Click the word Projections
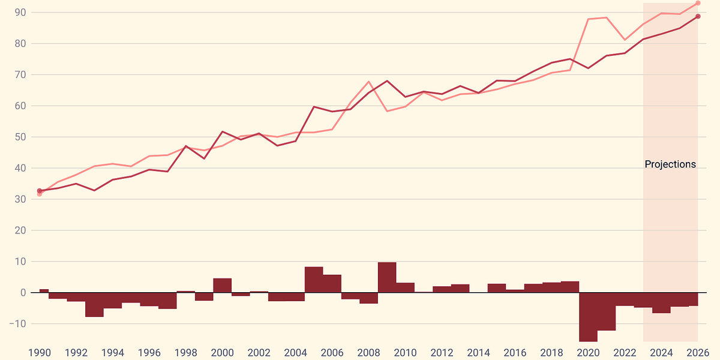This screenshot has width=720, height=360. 670,164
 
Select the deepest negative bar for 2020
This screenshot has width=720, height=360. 588,317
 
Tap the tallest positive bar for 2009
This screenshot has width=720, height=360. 387,277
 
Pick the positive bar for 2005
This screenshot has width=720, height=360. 314,280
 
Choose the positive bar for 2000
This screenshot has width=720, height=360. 222,286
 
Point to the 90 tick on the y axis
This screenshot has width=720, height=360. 21,13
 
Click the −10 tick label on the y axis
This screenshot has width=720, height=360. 17,324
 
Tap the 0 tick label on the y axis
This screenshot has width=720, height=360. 23,293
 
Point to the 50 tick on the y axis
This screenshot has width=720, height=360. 21,137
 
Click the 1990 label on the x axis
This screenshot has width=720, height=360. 40,352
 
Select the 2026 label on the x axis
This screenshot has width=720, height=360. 698,352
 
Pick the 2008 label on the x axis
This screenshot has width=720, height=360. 368,352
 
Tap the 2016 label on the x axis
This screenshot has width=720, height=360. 515,352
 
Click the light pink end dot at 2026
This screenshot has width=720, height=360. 698,3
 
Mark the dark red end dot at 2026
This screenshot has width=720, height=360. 698,16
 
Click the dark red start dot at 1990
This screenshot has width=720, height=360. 40,191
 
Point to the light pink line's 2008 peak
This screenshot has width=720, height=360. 368,82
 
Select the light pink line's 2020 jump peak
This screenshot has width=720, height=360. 588,19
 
